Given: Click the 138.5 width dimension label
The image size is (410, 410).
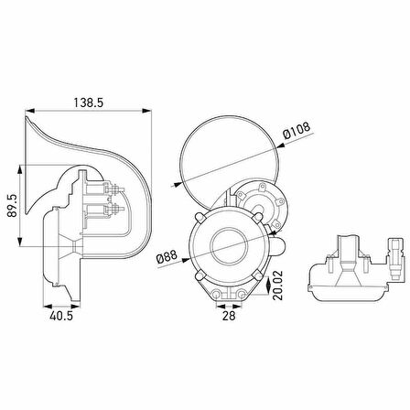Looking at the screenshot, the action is (x=89, y=102).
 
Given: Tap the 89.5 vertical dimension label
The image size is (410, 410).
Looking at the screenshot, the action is (x=13, y=206).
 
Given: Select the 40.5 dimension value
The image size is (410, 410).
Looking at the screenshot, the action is (x=61, y=316).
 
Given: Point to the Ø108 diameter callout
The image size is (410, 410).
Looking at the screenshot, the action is (x=297, y=130).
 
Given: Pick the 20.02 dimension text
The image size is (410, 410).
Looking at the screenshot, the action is (x=277, y=286).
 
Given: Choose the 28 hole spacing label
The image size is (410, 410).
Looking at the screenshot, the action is (x=229, y=316).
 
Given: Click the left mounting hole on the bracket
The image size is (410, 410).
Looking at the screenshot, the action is (x=216, y=295).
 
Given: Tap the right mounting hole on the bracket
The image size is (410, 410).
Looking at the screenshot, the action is (x=242, y=295).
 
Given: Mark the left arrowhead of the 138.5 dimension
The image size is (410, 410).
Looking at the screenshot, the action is (x=30, y=111).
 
